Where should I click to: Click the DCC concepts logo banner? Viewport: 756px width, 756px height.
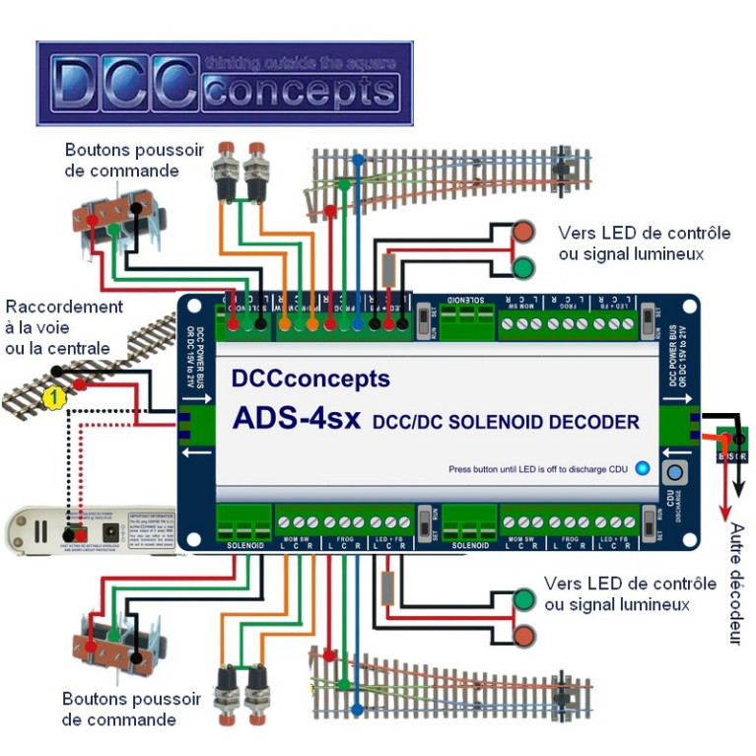(x=225, y=83)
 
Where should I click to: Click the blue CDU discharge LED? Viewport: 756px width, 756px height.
(x=643, y=468)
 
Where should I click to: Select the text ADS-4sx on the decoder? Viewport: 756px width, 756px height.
(x=293, y=418)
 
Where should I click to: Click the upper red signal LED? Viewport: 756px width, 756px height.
(x=523, y=233)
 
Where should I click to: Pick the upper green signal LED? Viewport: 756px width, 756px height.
(x=523, y=267)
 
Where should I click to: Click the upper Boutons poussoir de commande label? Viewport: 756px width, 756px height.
(x=134, y=160)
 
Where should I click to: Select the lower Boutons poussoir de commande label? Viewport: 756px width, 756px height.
(x=131, y=709)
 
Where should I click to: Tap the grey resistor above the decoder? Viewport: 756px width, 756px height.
(x=389, y=270)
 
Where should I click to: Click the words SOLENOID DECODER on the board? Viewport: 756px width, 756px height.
(x=506, y=422)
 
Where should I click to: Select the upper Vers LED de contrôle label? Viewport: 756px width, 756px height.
(x=644, y=243)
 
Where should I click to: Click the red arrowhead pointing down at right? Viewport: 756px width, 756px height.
(x=726, y=514)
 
